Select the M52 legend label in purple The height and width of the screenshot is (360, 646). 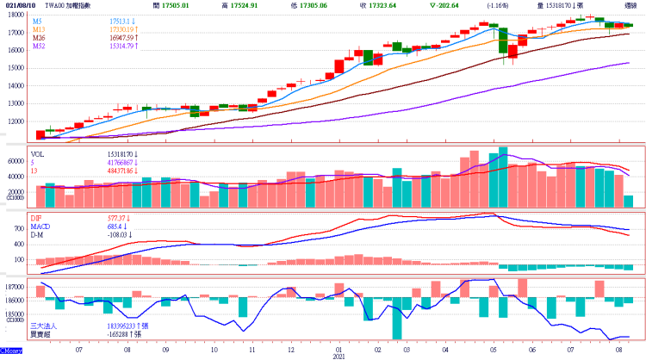[40, 46]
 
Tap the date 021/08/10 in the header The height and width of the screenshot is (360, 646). [17, 5]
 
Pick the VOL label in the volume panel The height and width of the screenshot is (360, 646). [38, 152]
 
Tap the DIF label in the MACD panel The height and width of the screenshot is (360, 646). [37, 219]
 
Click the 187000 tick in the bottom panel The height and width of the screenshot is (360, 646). [14, 286]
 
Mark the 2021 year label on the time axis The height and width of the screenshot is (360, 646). [339, 356]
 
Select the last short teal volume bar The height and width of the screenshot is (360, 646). [628, 201]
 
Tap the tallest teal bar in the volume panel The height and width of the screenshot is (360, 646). [503, 177]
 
